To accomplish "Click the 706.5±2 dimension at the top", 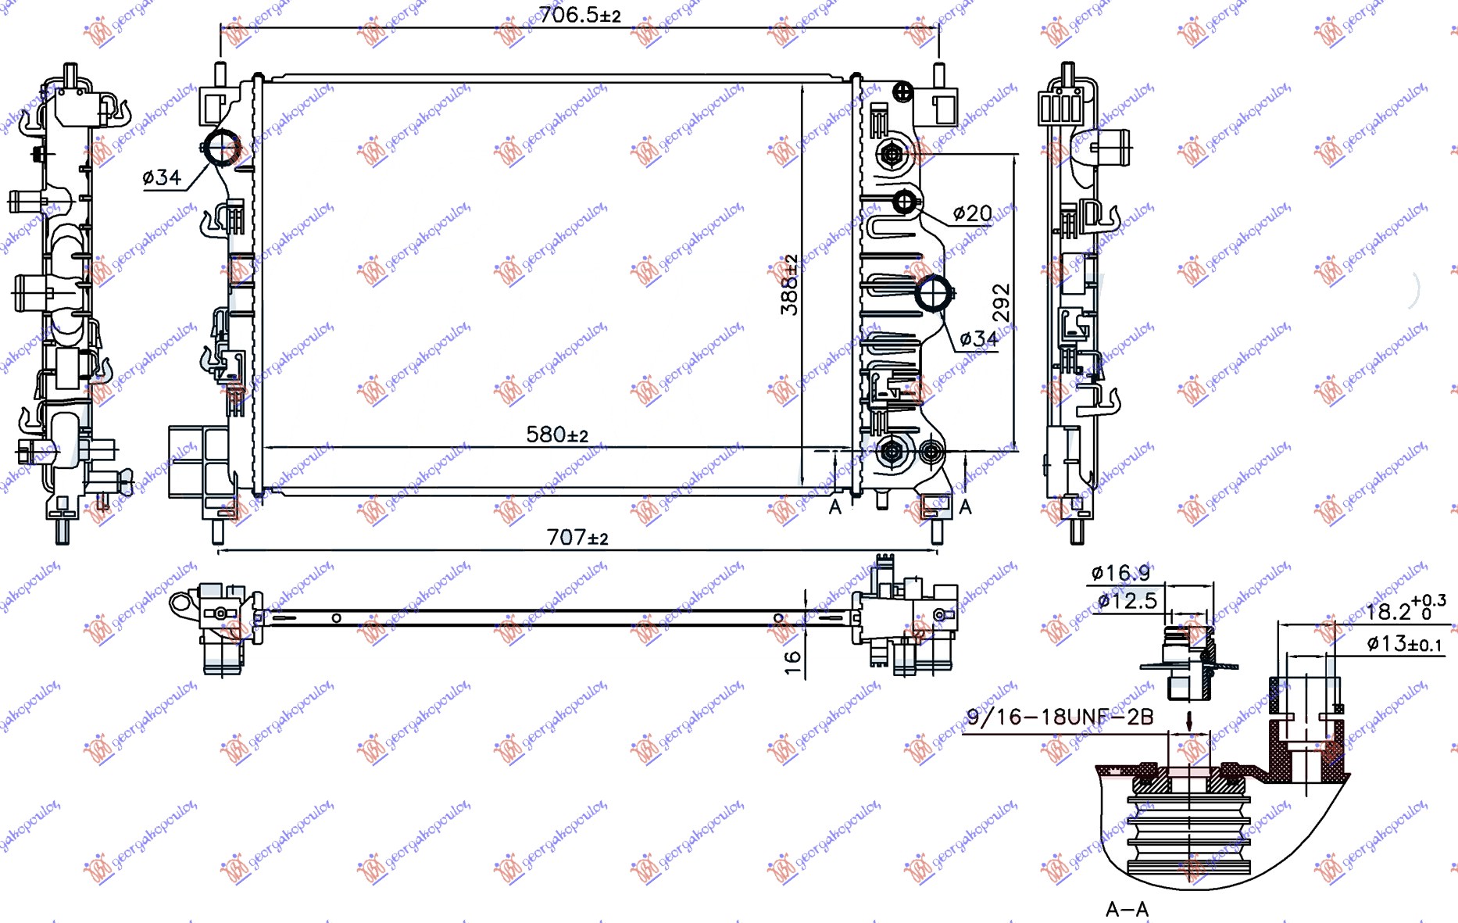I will click(579, 15).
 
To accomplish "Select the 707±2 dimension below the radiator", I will click(577, 538).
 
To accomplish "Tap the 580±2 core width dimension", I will click(556, 435).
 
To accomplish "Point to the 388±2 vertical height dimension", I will click(789, 284).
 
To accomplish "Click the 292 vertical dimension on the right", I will click(1001, 302).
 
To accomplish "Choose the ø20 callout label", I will click(972, 213).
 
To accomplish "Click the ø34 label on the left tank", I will click(162, 178).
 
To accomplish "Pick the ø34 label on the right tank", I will click(978, 338).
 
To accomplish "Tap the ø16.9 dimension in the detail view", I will click(1120, 574).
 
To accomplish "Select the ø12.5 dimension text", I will click(1127, 601).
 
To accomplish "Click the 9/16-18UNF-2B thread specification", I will click(1060, 717).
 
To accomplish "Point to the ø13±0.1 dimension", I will click(1403, 644).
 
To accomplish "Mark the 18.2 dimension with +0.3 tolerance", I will click(1404, 609).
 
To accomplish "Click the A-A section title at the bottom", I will click(1127, 909).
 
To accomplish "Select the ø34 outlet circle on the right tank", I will click(934, 294).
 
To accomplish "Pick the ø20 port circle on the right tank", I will click(904, 202).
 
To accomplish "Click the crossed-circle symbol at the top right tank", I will click(902, 92).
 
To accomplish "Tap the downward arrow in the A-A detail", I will click(1189, 721).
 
